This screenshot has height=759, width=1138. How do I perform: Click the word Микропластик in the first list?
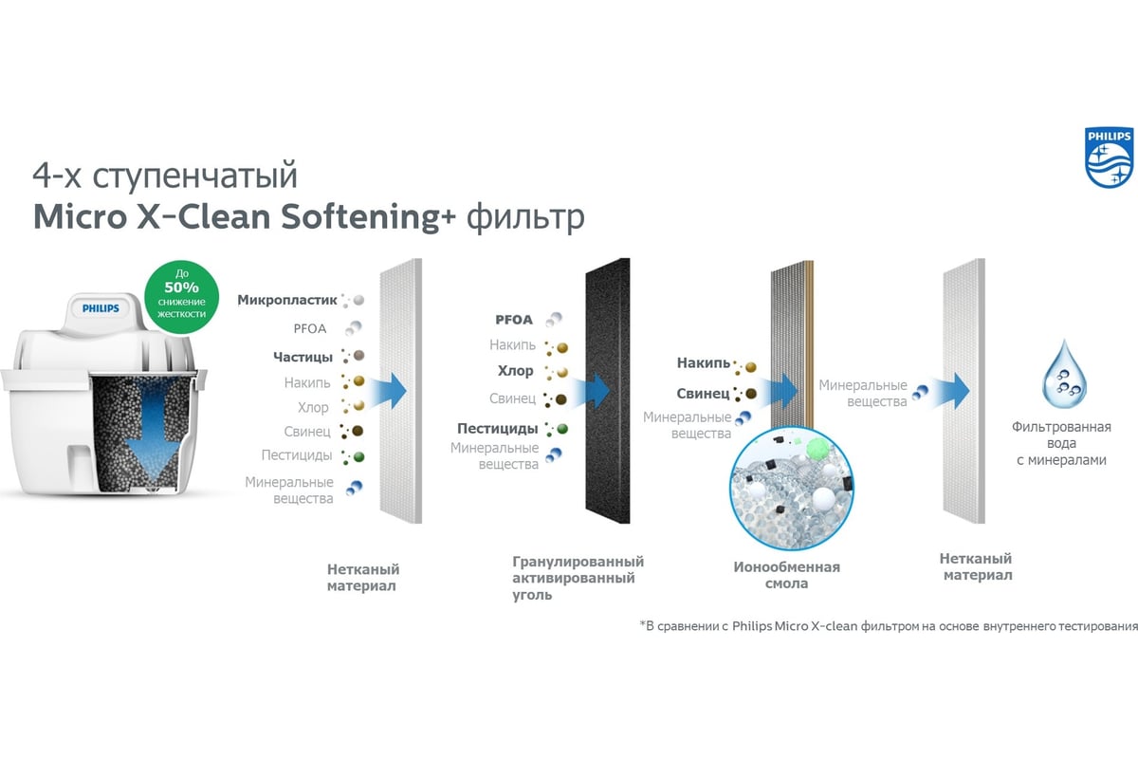click(286, 300)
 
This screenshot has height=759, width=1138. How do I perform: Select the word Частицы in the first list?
click(303, 357)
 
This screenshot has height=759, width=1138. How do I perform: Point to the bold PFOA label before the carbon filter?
click(514, 320)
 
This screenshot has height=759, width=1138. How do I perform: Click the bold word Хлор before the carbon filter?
click(515, 371)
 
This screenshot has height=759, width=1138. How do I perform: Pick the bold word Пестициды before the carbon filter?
click(497, 428)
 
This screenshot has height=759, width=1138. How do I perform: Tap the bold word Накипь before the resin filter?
click(703, 362)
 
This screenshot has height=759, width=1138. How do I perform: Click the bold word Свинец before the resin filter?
click(703, 393)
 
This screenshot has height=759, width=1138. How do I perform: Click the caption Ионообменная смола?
click(786, 575)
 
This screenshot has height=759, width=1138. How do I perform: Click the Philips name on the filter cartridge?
click(101, 307)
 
